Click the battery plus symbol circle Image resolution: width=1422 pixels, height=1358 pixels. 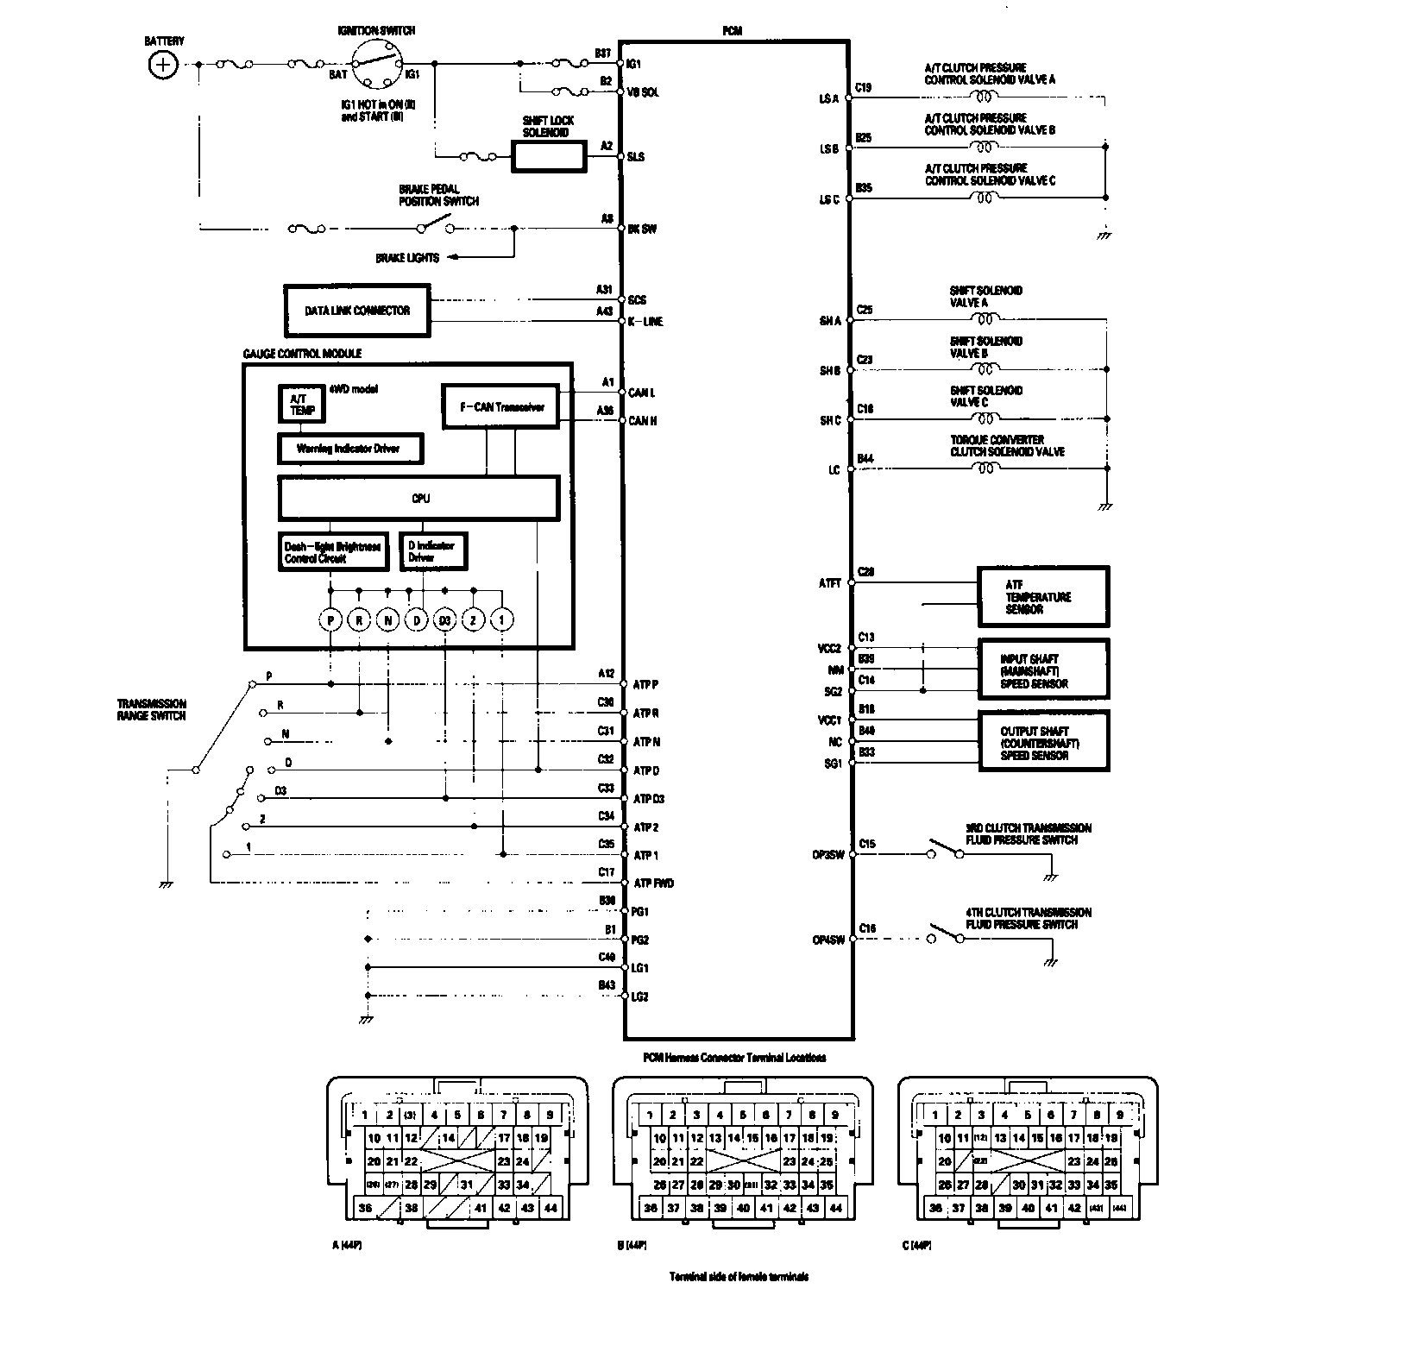coord(162,64)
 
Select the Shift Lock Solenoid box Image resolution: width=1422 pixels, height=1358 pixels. coord(549,156)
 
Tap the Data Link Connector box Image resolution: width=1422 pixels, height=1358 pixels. coord(356,311)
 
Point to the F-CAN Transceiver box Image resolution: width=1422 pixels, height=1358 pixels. coord(500,406)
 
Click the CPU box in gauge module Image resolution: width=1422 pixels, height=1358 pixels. coord(418,498)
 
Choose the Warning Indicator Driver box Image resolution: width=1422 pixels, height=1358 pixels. coord(349,448)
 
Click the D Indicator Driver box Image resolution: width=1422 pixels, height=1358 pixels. coord(433,551)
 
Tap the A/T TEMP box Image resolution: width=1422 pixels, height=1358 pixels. coord(302,404)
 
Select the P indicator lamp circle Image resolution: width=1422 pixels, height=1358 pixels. coord(330,619)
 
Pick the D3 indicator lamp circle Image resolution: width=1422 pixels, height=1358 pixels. coord(444,619)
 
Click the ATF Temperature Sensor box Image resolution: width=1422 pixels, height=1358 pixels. coord(1042,596)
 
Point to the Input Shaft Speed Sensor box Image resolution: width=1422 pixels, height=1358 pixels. coord(1042,670)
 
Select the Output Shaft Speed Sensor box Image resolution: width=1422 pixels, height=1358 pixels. coord(1042,742)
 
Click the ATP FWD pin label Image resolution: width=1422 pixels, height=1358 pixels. coord(654,883)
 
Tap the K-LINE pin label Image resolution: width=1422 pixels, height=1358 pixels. coord(645,322)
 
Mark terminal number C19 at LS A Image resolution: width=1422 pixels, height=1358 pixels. coord(863,87)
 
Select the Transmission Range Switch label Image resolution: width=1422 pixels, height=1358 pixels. coord(152,710)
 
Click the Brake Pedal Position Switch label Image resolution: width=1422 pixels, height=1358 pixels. coord(438,195)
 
